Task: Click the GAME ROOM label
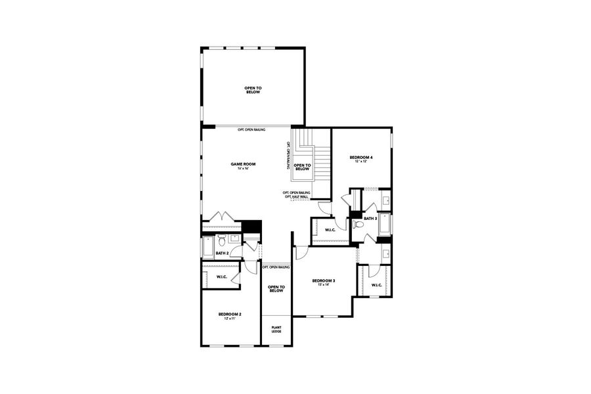242,164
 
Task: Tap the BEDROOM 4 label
361,157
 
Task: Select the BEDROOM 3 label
323,280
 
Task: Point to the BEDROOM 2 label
230,315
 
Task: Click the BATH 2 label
222,253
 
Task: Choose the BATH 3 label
370,218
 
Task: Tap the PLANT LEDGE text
276,328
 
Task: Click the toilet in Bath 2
221,238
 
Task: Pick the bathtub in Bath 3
385,225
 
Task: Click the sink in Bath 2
234,238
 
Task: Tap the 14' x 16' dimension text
242,169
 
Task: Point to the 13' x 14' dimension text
323,285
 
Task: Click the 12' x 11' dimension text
230,319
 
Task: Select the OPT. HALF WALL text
297,197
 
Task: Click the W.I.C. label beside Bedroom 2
221,277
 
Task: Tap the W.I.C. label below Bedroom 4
330,229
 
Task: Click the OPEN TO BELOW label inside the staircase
301,167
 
